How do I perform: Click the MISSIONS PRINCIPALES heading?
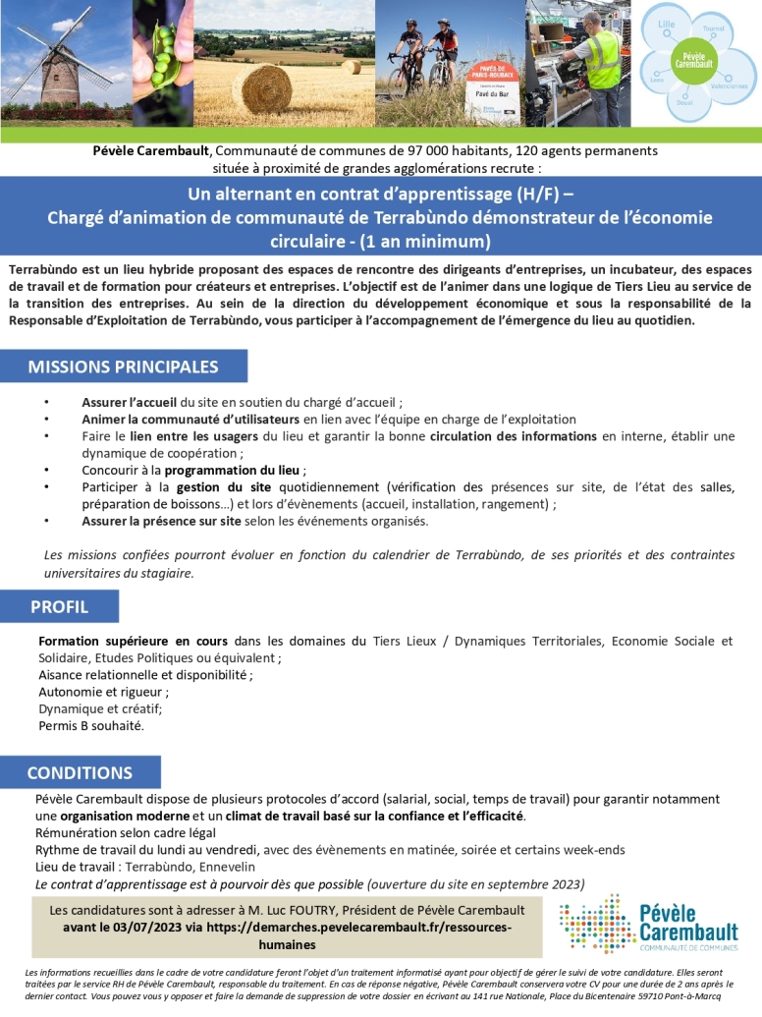[x=124, y=367]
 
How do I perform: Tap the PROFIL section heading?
[x=59, y=606]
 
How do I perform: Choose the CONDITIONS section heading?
[x=80, y=772]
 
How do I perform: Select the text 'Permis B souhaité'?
[x=90, y=726]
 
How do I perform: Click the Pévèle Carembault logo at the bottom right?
[x=648, y=924]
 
